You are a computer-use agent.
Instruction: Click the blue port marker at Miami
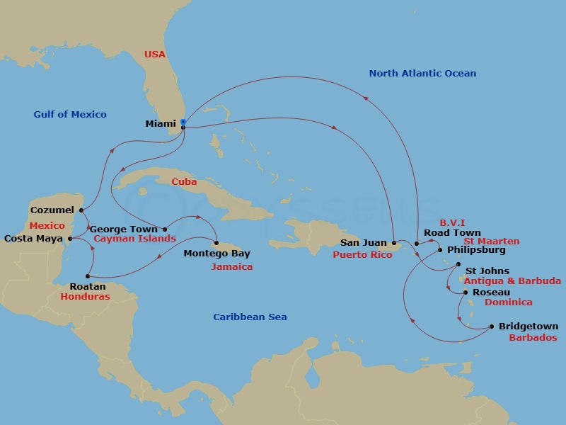(183, 123)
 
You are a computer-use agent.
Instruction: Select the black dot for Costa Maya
(69, 239)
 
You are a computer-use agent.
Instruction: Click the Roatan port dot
(87, 276)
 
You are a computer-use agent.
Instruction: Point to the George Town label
(125, 229)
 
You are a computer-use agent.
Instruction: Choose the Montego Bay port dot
(216, 244)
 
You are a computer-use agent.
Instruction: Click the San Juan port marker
(394, 243)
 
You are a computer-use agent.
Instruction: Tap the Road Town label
(452, 232)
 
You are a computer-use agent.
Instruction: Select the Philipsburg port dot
(440, 250)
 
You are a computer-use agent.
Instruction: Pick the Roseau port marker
(465, 292)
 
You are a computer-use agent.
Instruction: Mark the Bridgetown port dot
(492, 327)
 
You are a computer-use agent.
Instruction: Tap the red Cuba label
(184, 182)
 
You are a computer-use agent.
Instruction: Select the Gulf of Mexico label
(70, 114)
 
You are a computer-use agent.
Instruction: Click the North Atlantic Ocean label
(422, 73)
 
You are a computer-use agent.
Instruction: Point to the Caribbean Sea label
(250, 317)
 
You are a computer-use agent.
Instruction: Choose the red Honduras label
(85, 297)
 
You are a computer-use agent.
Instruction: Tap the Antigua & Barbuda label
(512, 281)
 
